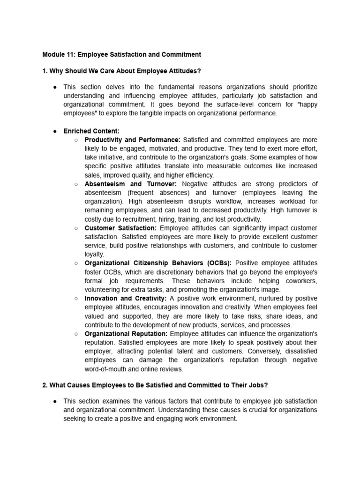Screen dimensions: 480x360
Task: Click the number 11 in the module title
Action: tap(72, 54)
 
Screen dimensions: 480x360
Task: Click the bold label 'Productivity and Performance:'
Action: tap(132, 140)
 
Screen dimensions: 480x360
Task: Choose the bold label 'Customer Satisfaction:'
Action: tap(120, 228)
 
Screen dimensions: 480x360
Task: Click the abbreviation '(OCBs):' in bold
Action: tap(219, 263)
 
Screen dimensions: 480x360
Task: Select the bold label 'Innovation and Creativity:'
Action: tap(125, 298)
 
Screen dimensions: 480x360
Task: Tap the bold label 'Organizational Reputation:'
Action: tap(126, 333)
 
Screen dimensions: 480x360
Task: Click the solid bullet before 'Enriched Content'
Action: tap(55, 131)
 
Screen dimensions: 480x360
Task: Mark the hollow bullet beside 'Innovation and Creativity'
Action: tap(76, 298)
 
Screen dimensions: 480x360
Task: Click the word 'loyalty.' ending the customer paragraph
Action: tap(94, 254)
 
